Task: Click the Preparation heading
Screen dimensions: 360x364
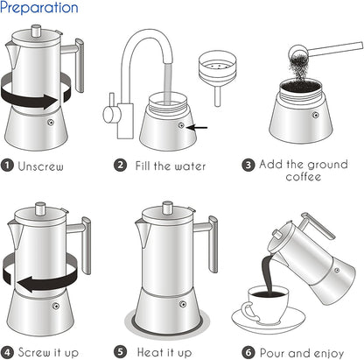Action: [x=39, y=9]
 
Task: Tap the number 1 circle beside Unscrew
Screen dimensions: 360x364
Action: [x=8, y=164]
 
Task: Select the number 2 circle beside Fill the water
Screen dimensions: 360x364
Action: [x=120, y=164]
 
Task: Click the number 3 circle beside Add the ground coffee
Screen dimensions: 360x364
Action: [x=248, y=164]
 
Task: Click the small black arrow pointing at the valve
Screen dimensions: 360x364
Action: [x=200, y=127]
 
